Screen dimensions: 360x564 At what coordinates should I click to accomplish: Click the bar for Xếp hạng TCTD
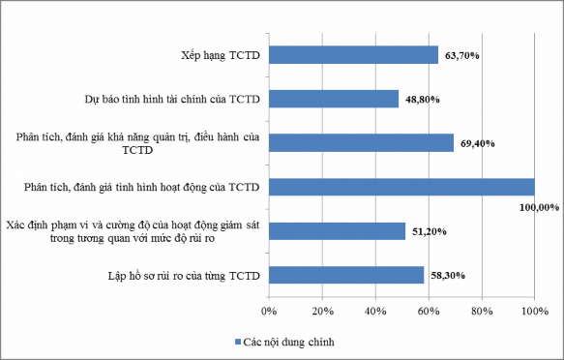tap(353, 54)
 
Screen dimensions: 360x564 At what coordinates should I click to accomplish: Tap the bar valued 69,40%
tap(361, 143)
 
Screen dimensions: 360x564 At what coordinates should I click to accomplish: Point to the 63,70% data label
tap(460, 55)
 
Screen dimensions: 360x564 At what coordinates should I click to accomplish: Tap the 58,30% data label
tap(446, 276)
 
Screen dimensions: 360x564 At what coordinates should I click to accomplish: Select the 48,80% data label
tap(421, 99)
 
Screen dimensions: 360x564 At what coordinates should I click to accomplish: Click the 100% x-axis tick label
tap(534, 311)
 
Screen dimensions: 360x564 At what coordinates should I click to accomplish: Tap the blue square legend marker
tap(237, 342)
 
